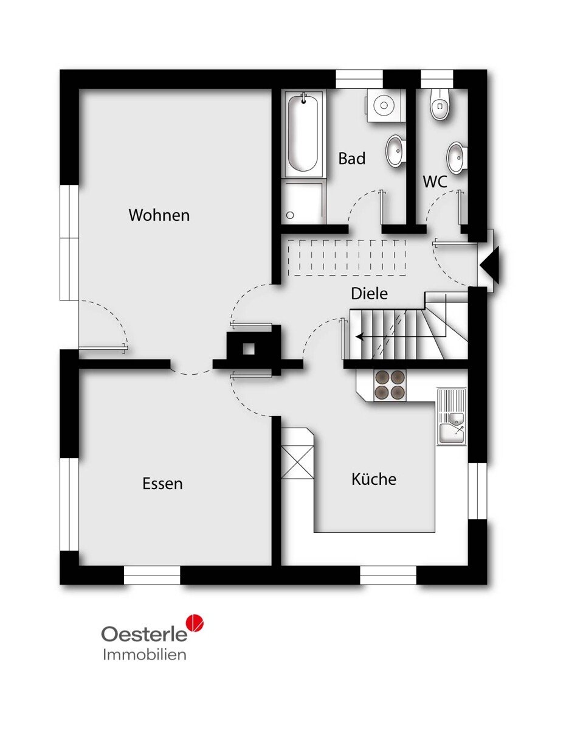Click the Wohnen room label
coord(159,215)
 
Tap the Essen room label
coord(162,484)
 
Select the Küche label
coord(374,479)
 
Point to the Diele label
coord(369,293)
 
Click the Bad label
coord(352,158)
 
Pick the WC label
coord(435,181)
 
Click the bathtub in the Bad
coord(304,134)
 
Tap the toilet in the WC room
coord(440,104)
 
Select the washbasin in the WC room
coord(456,158)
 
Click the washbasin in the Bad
coord(395,151)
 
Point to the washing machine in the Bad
coord(385,105)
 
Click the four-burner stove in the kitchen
coord(390,385)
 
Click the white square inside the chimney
coord(249,349)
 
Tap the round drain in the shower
coord(290,215)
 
